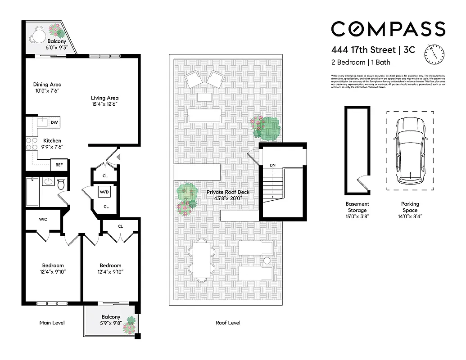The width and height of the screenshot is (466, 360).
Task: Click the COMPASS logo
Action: (388, 29)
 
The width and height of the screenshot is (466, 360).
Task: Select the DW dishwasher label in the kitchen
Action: (54, 122)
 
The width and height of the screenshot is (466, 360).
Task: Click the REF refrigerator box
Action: (59, 165)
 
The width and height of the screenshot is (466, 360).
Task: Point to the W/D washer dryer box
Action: (104, 192)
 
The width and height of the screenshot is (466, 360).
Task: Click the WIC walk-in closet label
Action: (43, 219)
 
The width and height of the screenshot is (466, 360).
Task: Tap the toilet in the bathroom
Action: (61, 183)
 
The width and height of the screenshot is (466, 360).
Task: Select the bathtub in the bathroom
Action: (33, 191)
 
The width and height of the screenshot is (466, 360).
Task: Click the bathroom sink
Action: (48, 181)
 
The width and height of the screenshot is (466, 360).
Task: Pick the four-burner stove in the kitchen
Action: (32, 144)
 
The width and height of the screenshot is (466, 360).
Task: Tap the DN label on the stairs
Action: (272, 166)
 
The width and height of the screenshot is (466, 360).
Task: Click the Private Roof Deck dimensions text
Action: (228, 198)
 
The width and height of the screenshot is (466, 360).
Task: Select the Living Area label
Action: (104, 98)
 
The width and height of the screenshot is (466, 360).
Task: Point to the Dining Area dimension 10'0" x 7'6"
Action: (47, 91)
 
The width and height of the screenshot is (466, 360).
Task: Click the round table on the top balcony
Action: (39, 33)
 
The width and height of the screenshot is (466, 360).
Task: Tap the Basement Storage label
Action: (357, 207)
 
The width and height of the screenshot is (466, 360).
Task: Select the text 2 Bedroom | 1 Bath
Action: (361, 63)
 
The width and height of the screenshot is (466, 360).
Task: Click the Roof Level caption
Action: (228, 323)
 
